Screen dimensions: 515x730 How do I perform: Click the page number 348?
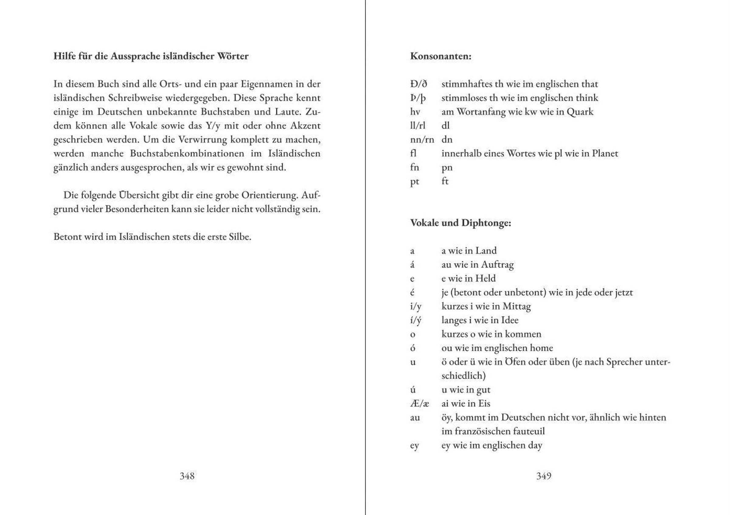(187, 476)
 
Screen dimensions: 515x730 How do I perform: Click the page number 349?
(544, 476)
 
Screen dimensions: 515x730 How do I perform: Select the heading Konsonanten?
(441, 56)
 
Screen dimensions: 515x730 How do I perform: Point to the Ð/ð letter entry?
(419, 84)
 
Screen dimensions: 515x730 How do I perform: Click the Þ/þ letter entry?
(418, 98)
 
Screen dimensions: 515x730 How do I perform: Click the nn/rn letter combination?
(422, 140)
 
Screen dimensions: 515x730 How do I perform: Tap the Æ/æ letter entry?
(419, 404)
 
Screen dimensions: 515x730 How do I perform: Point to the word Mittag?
(516, 306)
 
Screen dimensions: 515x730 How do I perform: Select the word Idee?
(510, 320)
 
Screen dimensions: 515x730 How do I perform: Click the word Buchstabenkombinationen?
(187, 153)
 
